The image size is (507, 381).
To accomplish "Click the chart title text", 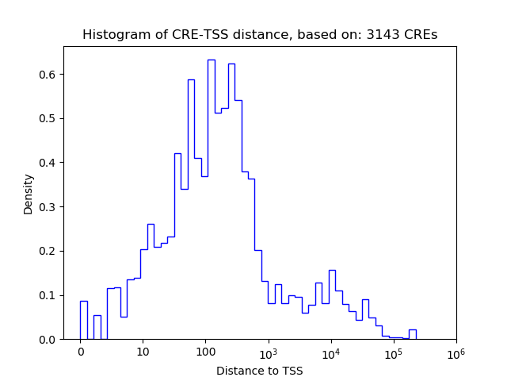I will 260,35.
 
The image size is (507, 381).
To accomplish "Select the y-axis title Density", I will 29,193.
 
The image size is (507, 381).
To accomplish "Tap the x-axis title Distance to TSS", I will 260,371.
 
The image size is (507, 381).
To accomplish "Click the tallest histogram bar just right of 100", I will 212,198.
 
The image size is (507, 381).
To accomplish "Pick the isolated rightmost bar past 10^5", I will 412,334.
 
